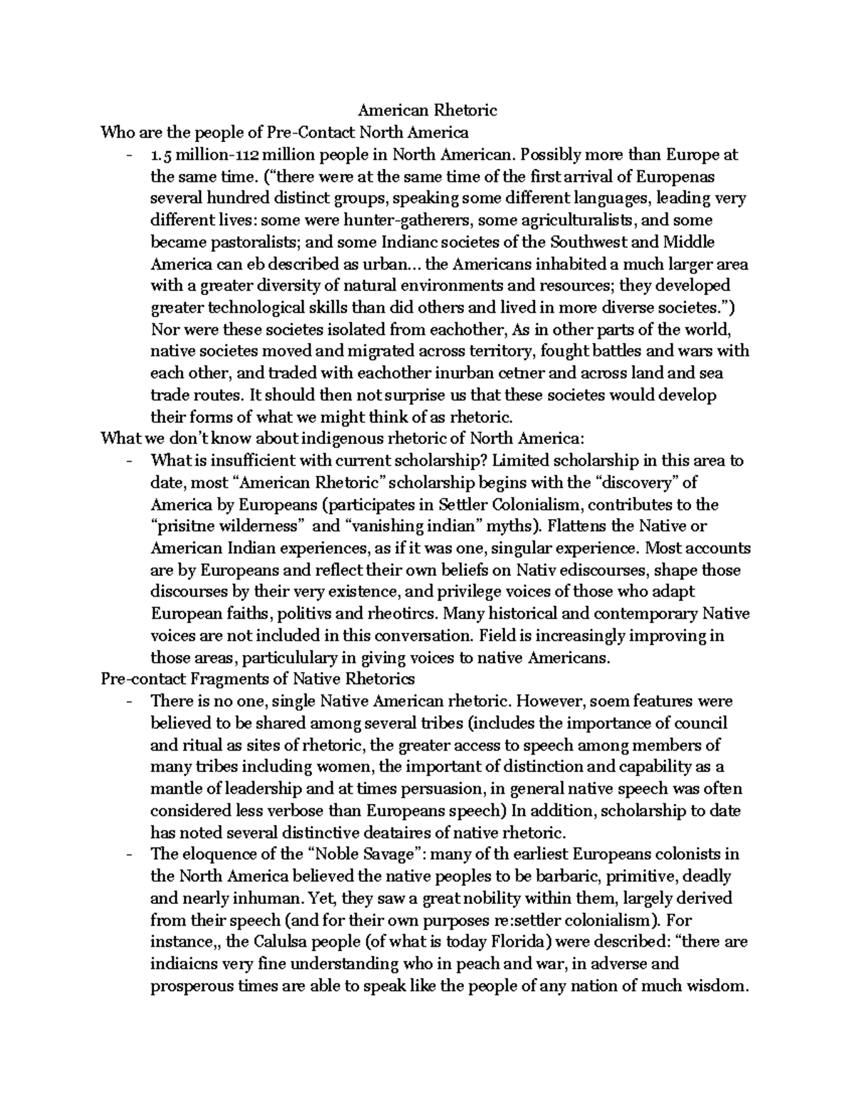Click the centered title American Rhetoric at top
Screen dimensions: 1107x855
(x=427, y=110)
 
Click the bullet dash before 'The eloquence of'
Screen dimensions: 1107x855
(x=128, y=854)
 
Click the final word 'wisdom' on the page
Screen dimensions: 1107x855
(x=718, y=986)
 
